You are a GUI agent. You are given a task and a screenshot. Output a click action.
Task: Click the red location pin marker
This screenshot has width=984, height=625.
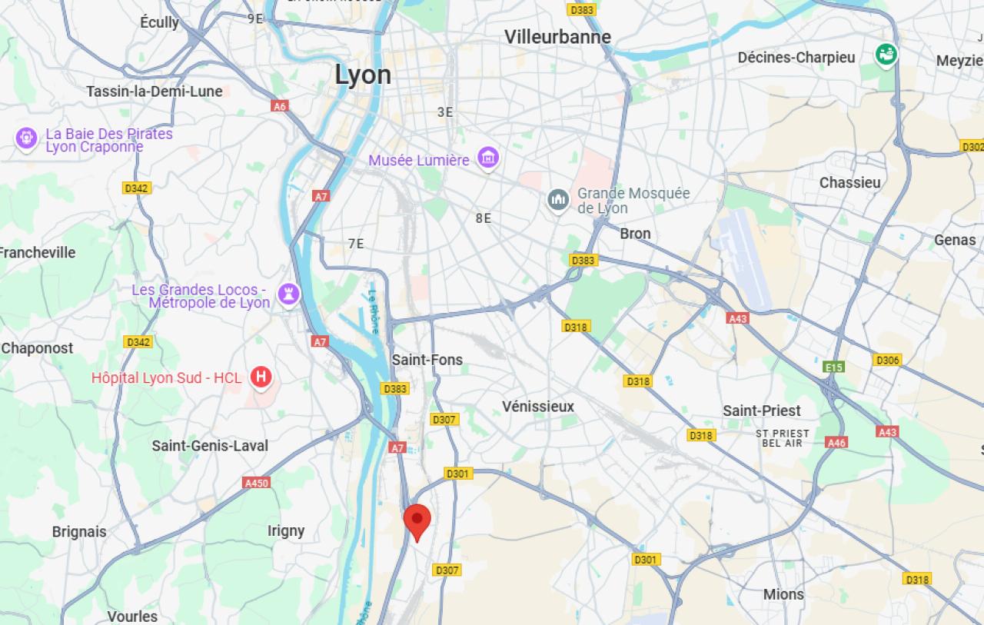(x=417, y=520)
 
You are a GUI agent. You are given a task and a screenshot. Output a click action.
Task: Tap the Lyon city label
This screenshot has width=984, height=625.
(x=363, y=75)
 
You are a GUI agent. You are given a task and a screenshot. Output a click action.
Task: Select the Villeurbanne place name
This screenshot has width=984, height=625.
(x=557, y=37)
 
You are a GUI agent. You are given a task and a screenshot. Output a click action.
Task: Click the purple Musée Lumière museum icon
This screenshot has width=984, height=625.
(x=487, y=158)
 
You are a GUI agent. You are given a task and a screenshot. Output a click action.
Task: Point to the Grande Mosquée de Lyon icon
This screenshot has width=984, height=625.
(x=558, y=200)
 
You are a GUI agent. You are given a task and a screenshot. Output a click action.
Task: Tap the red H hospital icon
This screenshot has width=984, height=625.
(x=261, y=377)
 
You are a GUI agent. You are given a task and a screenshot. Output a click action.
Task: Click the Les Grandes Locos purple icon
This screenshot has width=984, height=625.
(x=288, y=293)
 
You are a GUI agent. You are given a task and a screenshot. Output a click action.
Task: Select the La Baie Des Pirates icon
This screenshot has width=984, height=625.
(x=27, y=138)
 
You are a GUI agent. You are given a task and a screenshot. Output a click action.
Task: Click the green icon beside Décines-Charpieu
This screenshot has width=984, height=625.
(x=886, y=55)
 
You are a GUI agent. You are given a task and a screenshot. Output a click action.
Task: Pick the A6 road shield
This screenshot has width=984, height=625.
(x=280, y=106)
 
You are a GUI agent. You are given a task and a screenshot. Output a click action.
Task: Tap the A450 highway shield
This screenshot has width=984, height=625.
(x=256, y=483)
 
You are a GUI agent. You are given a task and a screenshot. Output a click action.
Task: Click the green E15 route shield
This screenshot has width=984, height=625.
(x=834, y=367)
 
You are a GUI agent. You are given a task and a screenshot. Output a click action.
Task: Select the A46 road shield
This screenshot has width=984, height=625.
(x=836, y=442)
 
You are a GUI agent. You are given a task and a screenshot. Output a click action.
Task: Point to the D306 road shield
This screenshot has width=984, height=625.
(x=887, y=360)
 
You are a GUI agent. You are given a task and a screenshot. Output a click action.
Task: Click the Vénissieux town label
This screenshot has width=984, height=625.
(x=538, y=406)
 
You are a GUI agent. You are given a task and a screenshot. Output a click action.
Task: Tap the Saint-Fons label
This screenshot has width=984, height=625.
(x=427, y=360)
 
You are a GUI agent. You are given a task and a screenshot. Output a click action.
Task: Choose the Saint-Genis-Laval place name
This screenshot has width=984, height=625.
(x=210, y=446)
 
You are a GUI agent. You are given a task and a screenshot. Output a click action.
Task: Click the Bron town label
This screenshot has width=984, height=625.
(x=635, y=234)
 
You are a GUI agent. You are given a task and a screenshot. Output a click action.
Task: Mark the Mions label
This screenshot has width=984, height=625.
(x=783, y=594)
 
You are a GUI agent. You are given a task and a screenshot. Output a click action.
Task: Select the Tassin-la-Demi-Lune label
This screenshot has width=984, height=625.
(x=155, y=91)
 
